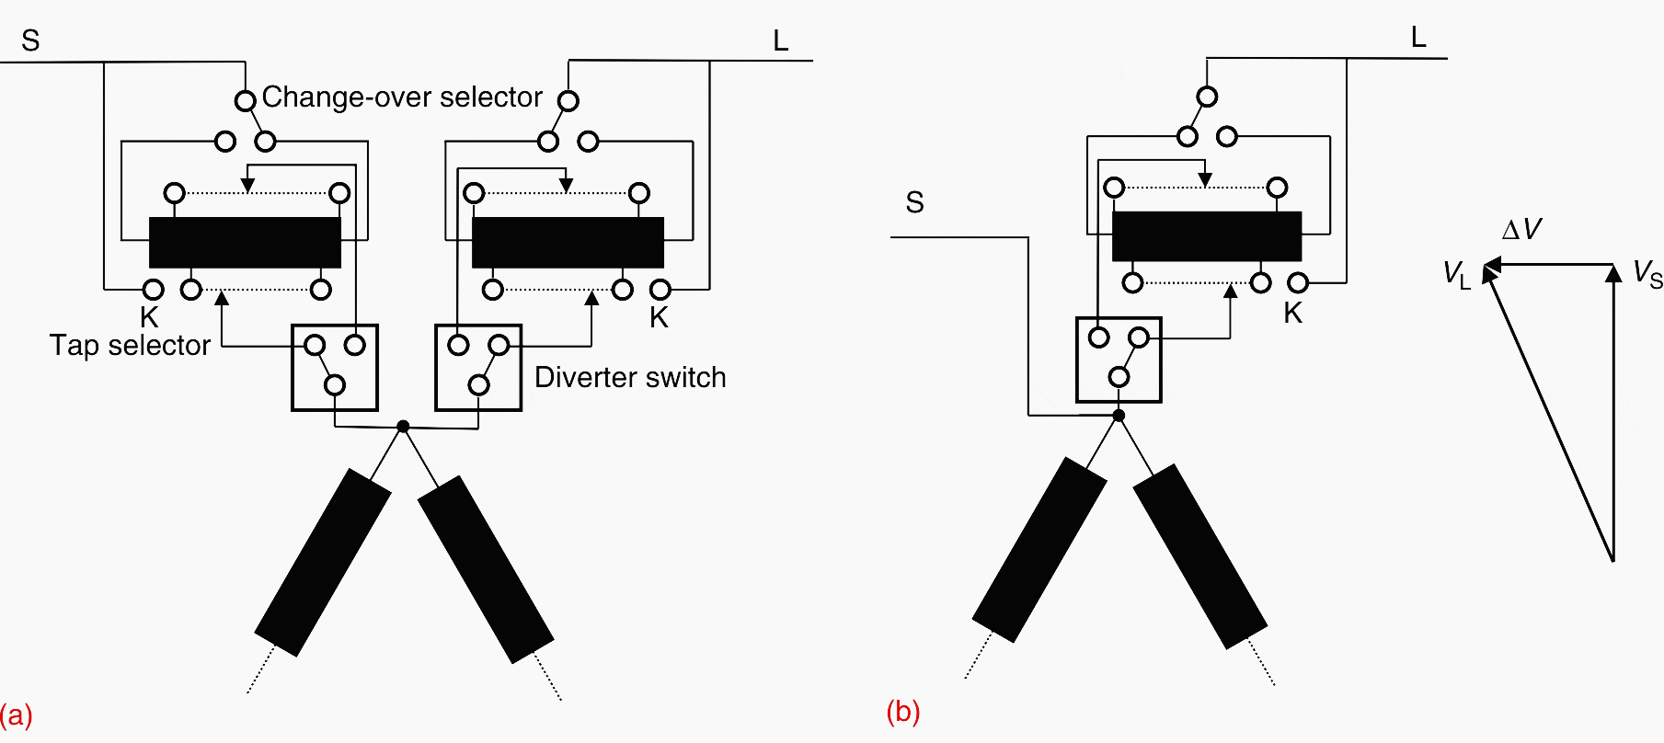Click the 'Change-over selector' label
click(x=402, y=97)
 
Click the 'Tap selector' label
click(x=130, y=346)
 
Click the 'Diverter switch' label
click(x=630, y=378)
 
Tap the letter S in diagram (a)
click(x=30, y=41)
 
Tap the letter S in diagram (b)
click(x=914, y=203)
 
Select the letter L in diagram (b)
click(x=1418, y=38)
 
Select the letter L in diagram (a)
click(x=780, y=41)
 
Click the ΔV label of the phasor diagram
click(x=1521, y=230)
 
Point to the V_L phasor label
click(x=1456, y=274)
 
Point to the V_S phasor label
click(x=1647, y=273)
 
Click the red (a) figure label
click(x=16, y=714)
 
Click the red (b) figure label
click(x=902, y=712)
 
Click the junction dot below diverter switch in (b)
click(x=1119, y=416)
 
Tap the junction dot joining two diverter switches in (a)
click(x=403, y=426)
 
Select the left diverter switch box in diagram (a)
click(x=335, y=368)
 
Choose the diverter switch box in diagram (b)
click(x=1119, y=360)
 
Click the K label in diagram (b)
click(x=1292, y=314)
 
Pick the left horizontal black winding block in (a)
click(x=245, y=243)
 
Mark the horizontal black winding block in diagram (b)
click(x=1207, y=236)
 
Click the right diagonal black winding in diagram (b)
click(x=1199, y=556)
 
